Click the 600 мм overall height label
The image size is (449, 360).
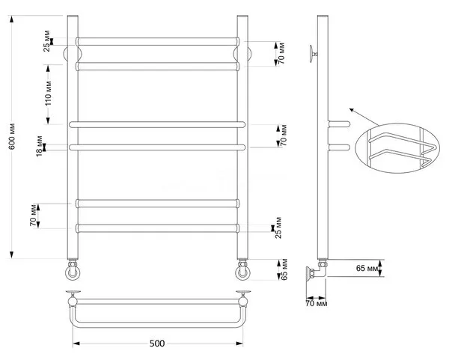tap(12, 136)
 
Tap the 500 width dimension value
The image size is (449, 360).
tap(157, 344)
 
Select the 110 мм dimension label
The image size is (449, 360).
tap(48, 94)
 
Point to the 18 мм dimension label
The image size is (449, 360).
tap(40, 146)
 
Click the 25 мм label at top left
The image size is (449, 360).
tap(47, 41)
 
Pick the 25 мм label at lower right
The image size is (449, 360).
tap(278, 228)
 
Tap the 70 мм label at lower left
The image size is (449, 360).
tap(34, 215)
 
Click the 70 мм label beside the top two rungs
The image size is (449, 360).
tap(281, 53)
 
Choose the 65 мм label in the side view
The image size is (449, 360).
tap(367, 269)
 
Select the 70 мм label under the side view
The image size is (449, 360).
tap(317, 303)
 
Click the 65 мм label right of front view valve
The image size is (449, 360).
tap(284, 269)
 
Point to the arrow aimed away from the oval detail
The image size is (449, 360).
tap(364, 117)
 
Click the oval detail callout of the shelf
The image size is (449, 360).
tap(397, 148)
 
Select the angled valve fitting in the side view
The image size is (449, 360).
tap(317, 270)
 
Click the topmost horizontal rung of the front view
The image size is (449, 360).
tap(157, 41)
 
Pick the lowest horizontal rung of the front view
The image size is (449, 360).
tap(157, 228)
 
